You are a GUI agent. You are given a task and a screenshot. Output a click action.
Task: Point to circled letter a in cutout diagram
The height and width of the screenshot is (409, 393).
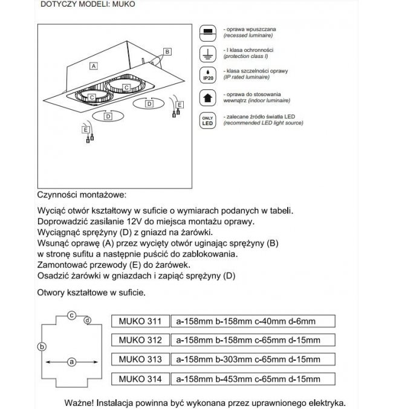point(71,362)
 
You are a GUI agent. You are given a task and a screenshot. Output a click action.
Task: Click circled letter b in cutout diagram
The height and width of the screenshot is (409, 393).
point(41,346)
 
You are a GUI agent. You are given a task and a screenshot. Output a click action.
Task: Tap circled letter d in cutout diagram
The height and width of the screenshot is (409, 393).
point(88,320)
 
